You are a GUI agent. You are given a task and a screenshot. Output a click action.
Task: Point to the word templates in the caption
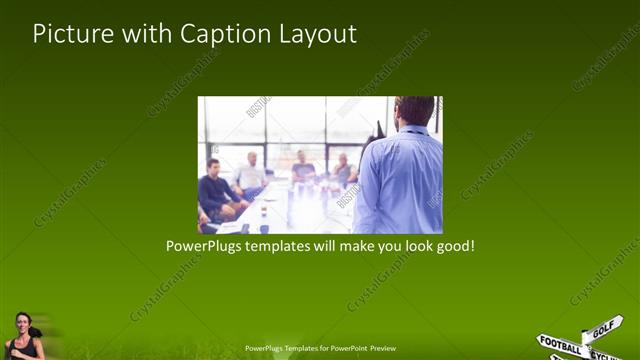(x=281, y=245)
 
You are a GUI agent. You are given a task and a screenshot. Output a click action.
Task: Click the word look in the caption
(x=412, y=245)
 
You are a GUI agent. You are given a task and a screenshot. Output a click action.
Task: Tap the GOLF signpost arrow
(x=603, y=328)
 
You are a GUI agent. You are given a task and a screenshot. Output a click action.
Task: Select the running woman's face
(x=22, y=323)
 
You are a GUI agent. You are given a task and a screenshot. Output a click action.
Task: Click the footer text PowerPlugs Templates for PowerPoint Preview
(x=320, y=349)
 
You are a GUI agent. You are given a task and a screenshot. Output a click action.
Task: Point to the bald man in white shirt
(x=251, y=172)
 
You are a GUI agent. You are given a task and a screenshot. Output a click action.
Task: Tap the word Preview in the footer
(x=383, y=349)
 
